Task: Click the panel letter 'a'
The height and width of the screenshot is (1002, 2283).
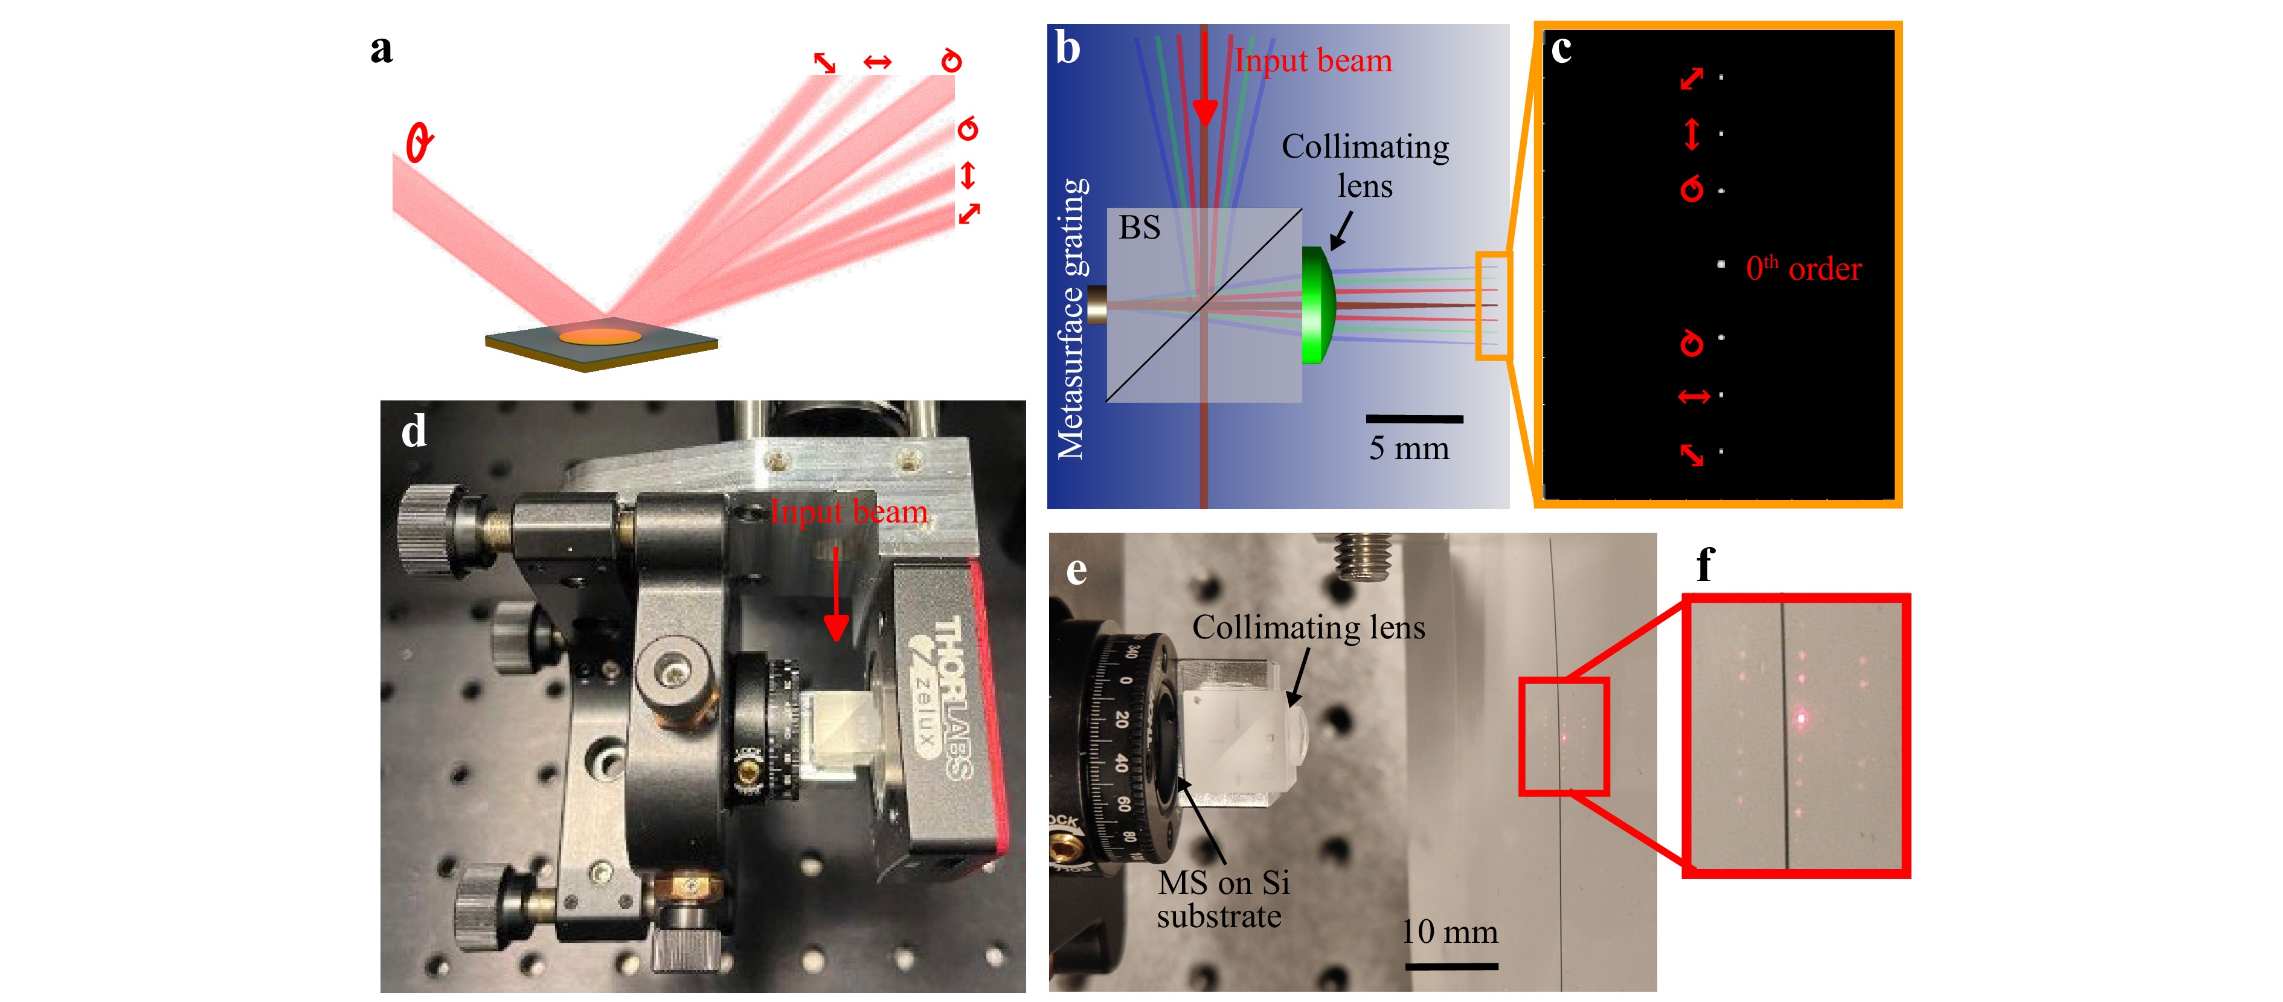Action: point(381,50)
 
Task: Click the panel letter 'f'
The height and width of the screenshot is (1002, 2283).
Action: point(1705,564)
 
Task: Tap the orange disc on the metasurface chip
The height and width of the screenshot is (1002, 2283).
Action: point(599,336)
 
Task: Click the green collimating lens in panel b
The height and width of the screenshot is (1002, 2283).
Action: point(1318,306)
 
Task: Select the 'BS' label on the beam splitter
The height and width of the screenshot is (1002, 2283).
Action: point(1139,228)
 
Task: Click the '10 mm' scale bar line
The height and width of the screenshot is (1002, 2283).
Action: point(1451,966)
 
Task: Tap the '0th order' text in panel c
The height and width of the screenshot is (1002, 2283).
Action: point(1803,268)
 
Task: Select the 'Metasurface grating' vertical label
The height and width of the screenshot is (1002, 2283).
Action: point(1071,319)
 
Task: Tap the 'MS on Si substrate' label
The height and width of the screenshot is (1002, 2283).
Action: point(1223,899)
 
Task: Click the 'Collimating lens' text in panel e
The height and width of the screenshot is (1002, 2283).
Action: point(1308,628)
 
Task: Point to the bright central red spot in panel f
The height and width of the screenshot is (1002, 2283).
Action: point(1801,718)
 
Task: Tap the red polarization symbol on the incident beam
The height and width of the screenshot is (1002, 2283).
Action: point(419,142)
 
